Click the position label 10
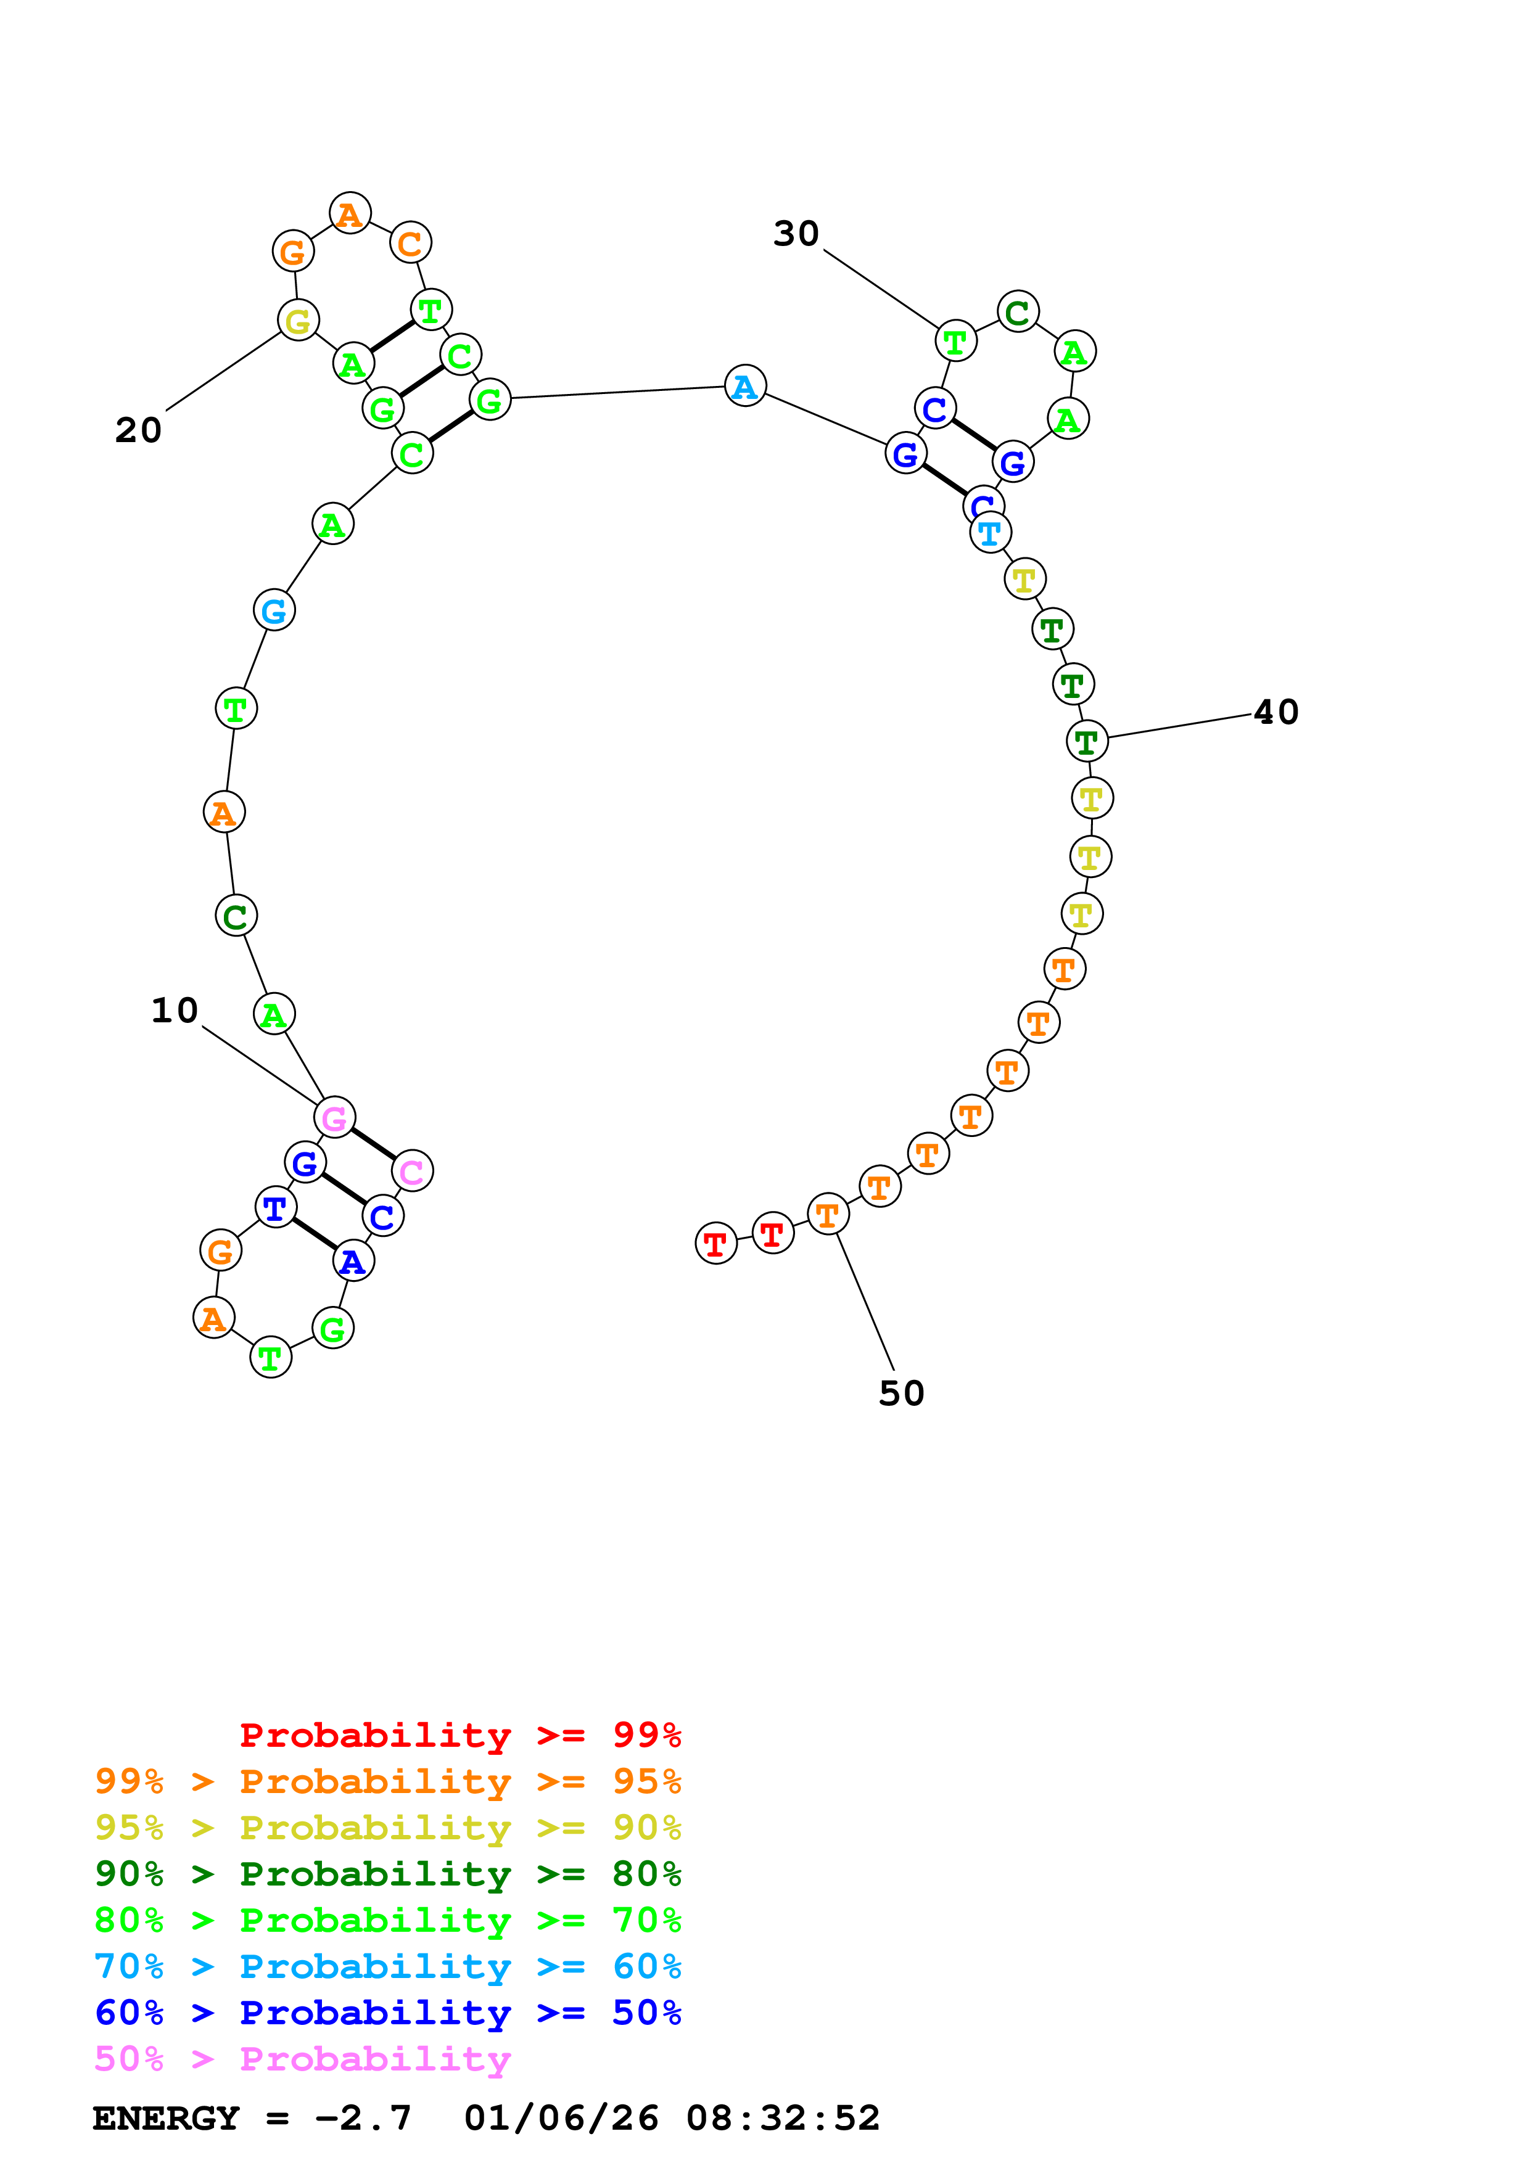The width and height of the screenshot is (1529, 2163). [x=175, y=1011]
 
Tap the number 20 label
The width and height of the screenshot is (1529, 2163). [x=139, y=430]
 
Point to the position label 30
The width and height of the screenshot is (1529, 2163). [x=796, y=234]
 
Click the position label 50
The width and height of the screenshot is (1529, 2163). [x=902, y=1393]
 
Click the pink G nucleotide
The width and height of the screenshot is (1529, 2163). [x=334, y=1118]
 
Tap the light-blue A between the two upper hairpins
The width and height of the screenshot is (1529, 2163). [x=745, y=386]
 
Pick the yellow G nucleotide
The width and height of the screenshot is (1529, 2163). [x=298, y=321]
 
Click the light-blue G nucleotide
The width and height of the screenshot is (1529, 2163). [x=274, y=610]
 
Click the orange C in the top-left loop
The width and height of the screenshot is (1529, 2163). [x=410, y=243]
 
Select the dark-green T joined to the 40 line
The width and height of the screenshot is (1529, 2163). [x=1086, y=741]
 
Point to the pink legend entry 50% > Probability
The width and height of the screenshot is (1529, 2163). [x=302, y=2059]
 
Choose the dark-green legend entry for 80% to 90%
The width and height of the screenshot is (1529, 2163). [x=387, y=1874]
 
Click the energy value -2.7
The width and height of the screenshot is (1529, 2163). [x=363, y=2119]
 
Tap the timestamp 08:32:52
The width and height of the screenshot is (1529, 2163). [x=782, y=2119]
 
